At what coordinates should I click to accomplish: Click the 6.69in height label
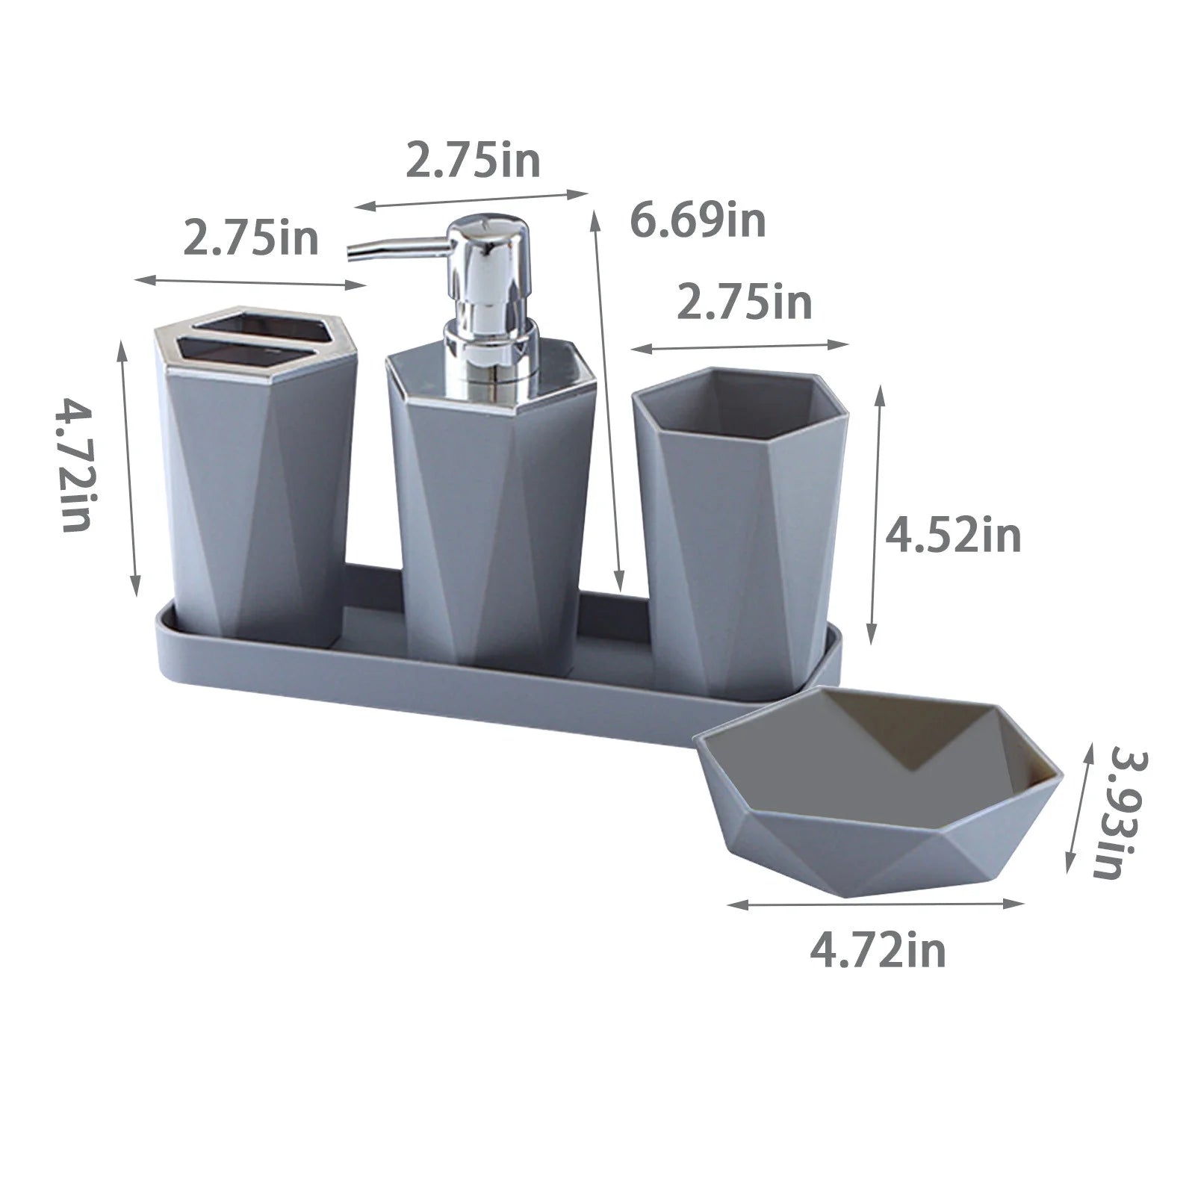[x=698, y=222]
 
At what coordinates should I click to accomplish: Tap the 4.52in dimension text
[x=952, y=536]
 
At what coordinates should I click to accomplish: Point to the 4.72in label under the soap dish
[x=878, y=951]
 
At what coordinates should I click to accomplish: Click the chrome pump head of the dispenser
[x=489, y=254]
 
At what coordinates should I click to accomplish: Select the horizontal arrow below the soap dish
[x=875, y=904]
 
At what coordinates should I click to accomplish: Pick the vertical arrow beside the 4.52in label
[x=876, y=515]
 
